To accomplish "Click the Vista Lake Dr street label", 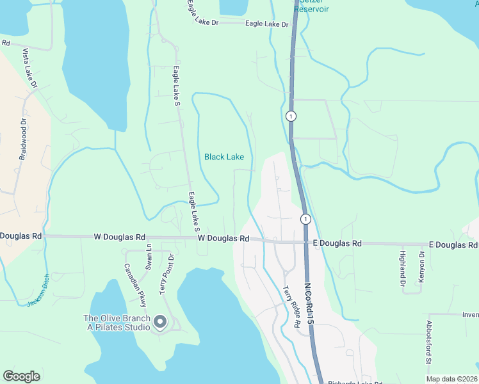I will pyautogui.click(x=30, y=68).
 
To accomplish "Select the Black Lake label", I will pyautogui.click(x=224, y=157).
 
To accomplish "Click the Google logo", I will pyautogui.click(x=21, y=376).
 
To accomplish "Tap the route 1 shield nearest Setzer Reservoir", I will pyautogui.click(x=291, y=116).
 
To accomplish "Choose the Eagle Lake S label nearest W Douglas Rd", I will pyautogui.click(x=194, y=212).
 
